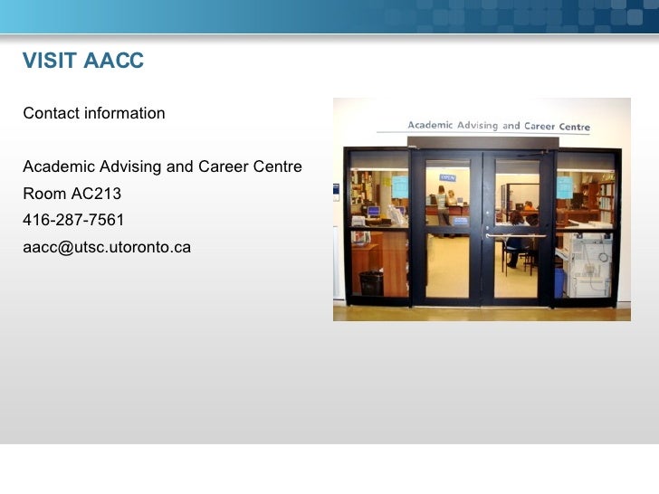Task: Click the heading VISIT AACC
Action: pyautogui.click(x=83, y=62)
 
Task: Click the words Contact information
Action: pyautogui.click(x=94, y=114)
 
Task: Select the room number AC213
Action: pyautogui.click(x=96, y=194)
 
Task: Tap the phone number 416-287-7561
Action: pyautogui.click(x=73, y=220)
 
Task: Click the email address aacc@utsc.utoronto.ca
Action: pyautogui.click(x=107, y=246)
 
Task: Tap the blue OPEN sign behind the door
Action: pyautogui.click(x=447, y=178)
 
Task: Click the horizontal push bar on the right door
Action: pyautogui.click(x=515, y=235)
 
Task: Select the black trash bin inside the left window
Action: pyautogui.click(x=371, y=283)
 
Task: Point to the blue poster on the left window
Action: pyautogui.click(x=399, y=186)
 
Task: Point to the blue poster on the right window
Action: pyautogui.click(x=564, y=187)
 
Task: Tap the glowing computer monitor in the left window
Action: pyautogui.click(x=372, y=211)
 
